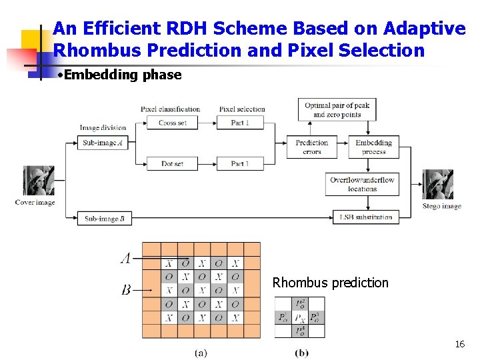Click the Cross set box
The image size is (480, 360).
click(x=173, y=123)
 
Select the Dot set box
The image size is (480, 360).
click(x=173, y=163)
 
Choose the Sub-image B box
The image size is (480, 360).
click(x=105, y=218)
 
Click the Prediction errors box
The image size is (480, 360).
click(x=312, y=147)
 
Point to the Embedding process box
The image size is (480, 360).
click(x=373, y=147)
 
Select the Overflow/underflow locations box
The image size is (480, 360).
click(x=362, y=184)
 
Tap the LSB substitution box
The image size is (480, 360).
click(x=366, y=217)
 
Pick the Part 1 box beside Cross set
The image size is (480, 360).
click(x=240, y=123)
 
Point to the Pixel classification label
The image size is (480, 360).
click(x=170, y=109)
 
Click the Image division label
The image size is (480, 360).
click(x=103, y=128)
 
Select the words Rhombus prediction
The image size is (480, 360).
click(x=330, y=283)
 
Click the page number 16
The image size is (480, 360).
click(x=459, y=344)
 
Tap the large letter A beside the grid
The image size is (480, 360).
click(x=125, y=258)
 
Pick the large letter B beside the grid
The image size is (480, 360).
click(x=126, y=290)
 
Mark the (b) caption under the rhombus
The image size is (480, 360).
click(x=301, y=352)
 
